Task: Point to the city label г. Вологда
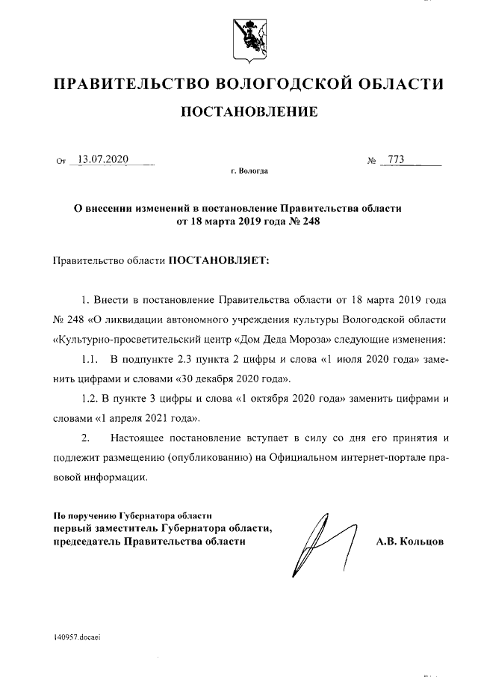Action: click(249, 171)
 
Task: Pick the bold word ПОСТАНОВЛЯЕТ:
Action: click(218, 260)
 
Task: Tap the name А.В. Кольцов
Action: click(409, 540)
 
